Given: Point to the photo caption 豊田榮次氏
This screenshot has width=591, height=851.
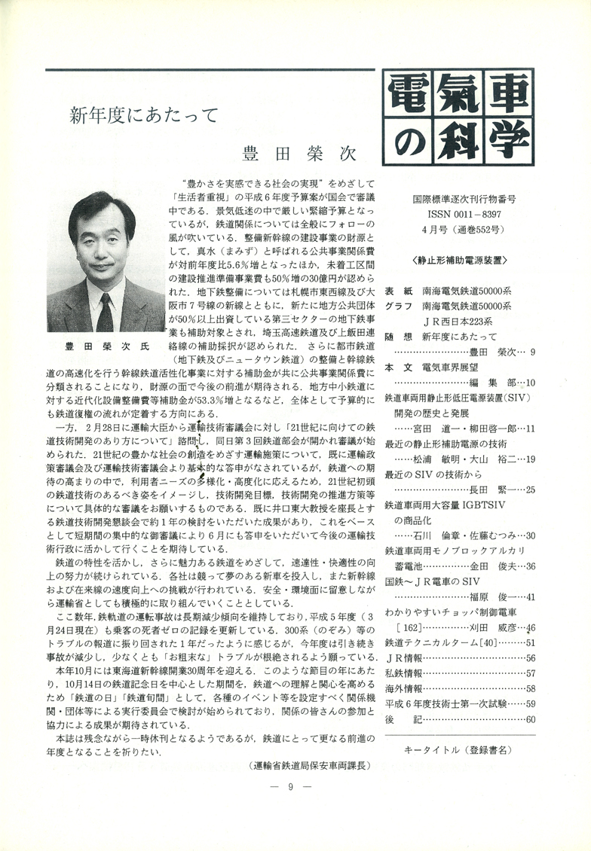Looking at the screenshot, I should point(106,348).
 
